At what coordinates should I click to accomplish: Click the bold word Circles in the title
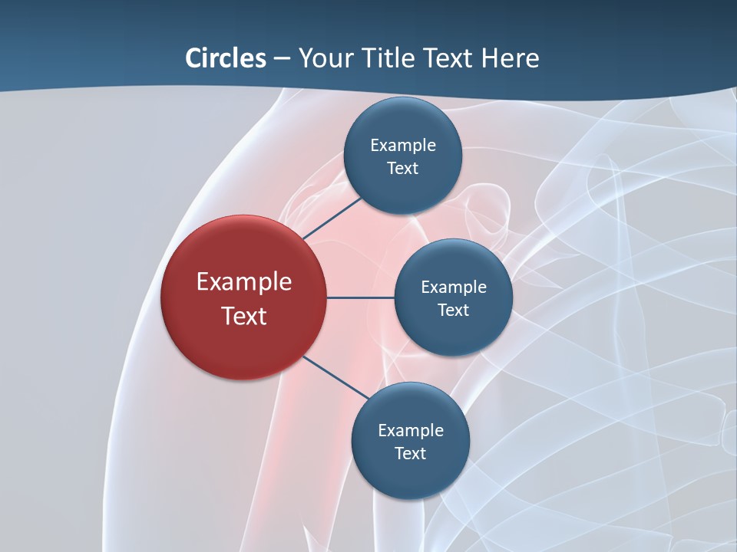click(x=225, y=58)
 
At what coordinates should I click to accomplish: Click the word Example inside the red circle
click(x=244, y=282)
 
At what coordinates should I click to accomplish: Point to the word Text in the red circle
click(x=244, y=316)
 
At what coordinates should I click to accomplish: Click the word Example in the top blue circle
click(x=403, y=146)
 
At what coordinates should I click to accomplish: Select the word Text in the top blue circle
click(x=403, y=169)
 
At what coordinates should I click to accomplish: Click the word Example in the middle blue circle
click(x=454, y=287)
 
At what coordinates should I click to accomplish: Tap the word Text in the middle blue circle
click(x=454, y=310)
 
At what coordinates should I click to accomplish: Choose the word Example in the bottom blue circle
click(x=411, y=431)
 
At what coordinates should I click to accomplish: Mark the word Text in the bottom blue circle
click(x=411, y=454)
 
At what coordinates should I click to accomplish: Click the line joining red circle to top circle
click(x=332, y=218)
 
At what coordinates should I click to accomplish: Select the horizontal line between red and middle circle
click(x=361, y=297)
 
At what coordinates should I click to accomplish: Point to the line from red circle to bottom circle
click(x=336, y=377)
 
